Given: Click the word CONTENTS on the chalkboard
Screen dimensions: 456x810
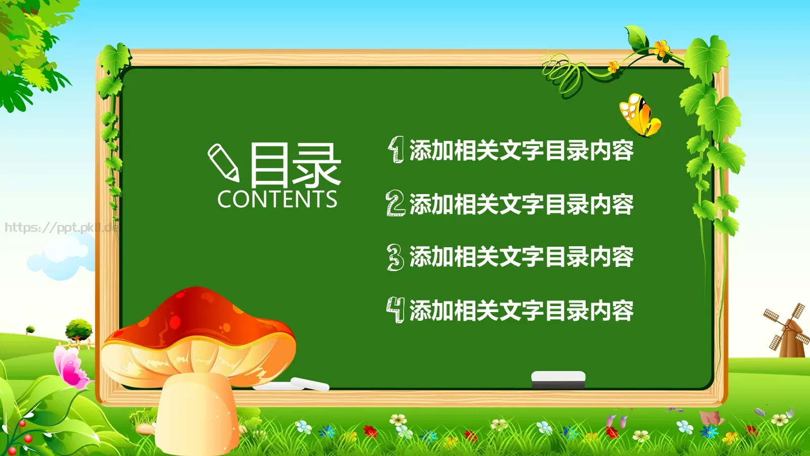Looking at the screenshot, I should tap(277, 200).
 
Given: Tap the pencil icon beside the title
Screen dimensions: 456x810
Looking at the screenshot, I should tap(223, 162).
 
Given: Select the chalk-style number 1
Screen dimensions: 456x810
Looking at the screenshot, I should tap(396, 149).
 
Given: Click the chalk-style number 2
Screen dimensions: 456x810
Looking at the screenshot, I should tap(395, 203).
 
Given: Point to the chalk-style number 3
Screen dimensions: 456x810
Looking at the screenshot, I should tap(395, 257).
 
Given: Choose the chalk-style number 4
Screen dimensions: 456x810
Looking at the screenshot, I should tap(396, 310).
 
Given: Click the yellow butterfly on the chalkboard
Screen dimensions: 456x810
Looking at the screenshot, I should tap(639, 116).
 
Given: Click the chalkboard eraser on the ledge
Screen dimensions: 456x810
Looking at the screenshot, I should tap(558, 379).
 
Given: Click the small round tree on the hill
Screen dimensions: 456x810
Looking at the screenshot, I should tap(79, 329).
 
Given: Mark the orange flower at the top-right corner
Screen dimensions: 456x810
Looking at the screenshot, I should tap(661, 49).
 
